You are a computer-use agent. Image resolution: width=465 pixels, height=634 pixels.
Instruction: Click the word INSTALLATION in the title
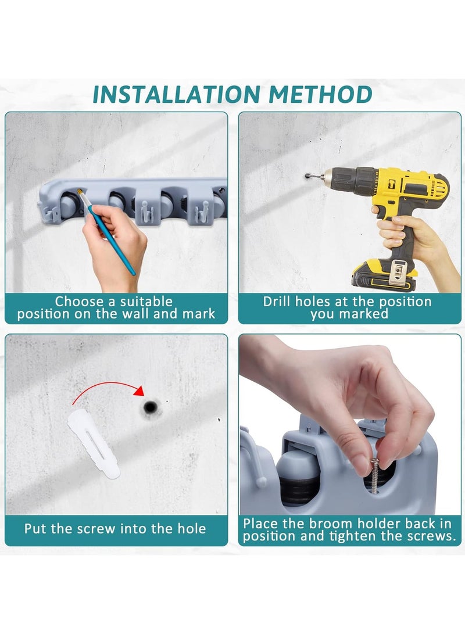pyautogui.click(x=176, y=95)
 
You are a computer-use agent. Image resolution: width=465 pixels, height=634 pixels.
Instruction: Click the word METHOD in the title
pyautogui.click(x=320, y=95)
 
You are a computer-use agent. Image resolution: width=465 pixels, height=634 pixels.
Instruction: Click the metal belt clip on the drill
pyautogui.click(x=398, y=271)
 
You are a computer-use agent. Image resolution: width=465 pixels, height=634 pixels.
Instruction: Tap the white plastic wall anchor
pyautogui.click(x=94, y=443)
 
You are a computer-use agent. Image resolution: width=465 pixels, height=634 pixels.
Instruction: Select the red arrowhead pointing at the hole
pyautogui.click(x=139, y=391)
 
